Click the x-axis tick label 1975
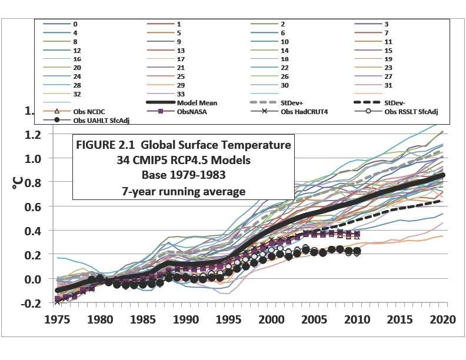click(58, 320)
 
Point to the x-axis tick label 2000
click(272, 320)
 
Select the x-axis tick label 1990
click(187, 320)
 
